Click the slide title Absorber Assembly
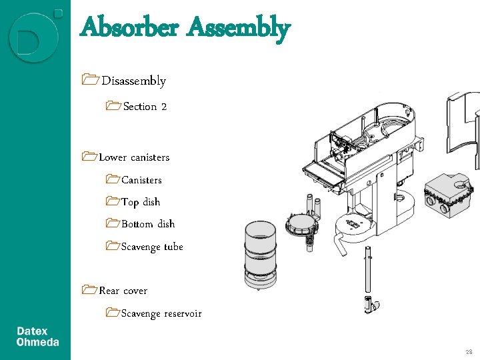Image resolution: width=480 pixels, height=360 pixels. (185, 29)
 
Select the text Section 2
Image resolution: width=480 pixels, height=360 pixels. (145, 107)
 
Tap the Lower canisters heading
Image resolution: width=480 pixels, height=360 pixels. (134, 158)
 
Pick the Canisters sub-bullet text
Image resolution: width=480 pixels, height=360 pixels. (141, 180)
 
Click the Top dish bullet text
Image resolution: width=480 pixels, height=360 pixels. (141, 202)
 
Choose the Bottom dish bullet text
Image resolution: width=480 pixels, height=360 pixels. (148, 225)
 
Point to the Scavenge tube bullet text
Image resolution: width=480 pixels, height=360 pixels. (152, 247)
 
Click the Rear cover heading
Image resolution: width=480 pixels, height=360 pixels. (123, 291)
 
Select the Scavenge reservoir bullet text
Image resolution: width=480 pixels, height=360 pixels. (161, 314)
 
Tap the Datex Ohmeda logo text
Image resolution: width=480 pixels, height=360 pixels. (37, 337)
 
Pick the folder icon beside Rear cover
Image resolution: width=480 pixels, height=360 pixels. (89, 291)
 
